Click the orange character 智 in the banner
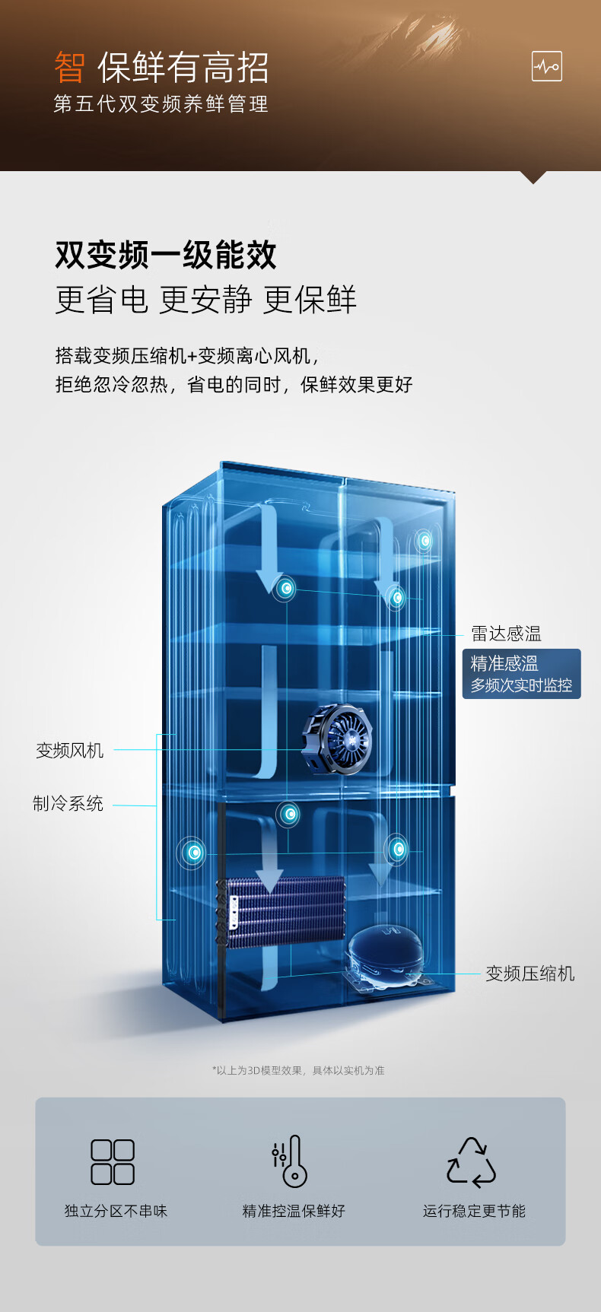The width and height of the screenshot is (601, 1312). [69, 68]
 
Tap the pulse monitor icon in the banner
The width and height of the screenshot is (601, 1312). [546, 67]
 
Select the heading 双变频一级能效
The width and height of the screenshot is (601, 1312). [166, 255]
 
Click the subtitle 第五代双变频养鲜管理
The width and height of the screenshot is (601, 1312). [161, 104]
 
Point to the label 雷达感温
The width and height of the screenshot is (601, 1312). [506, 634]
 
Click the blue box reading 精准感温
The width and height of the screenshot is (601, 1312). [521, 674]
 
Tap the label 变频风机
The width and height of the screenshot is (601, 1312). [69, 751]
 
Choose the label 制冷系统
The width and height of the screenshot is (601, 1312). [68, 803]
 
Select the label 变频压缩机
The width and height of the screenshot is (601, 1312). [529, 974]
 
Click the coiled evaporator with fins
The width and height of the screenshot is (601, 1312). [283, 910]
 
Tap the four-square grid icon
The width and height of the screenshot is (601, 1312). [113, 1161]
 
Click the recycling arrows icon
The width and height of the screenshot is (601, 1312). [471, 1162]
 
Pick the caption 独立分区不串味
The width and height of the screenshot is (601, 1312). [116, 1211]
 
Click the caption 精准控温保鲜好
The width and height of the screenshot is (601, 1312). [294, 1211]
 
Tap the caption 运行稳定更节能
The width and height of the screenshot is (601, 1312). [474, 1211]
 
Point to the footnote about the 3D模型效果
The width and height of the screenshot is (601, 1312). [298, 1070]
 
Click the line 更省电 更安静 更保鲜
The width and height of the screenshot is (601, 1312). [205, 300]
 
